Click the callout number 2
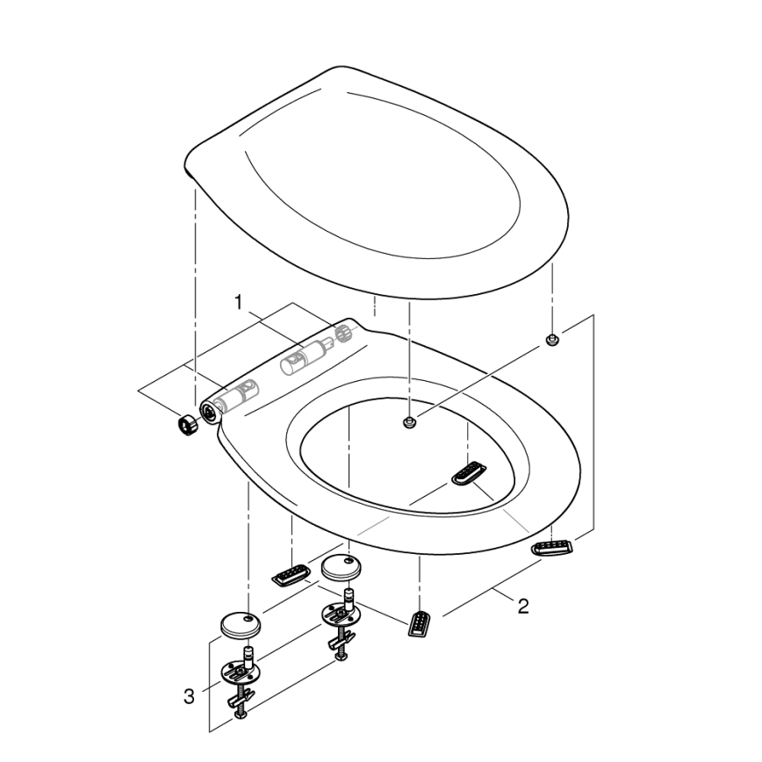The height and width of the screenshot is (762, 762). point(523,606)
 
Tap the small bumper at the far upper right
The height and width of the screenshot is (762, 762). point(550,340)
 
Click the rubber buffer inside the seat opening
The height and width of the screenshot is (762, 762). point(469,473)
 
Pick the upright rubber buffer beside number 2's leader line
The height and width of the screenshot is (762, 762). point(421,622)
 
